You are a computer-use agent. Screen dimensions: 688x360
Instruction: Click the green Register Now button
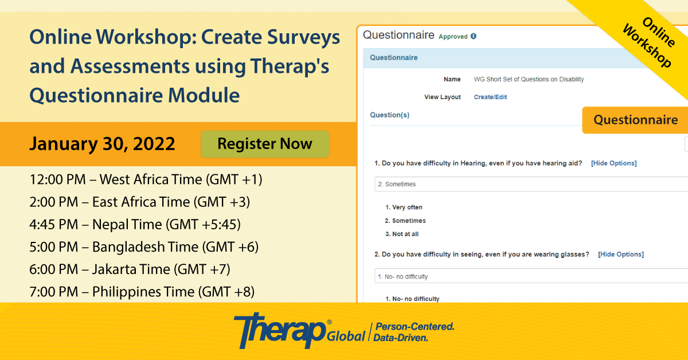click(265, 144)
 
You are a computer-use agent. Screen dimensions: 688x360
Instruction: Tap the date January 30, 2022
click(102, 144)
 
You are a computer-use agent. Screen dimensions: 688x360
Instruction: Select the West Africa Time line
click(146, 179)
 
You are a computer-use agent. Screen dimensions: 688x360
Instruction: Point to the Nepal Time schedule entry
click(135, 224)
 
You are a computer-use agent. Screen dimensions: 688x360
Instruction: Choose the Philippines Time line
click(142, 292)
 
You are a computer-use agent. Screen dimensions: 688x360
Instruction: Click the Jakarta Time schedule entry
click(130, 269)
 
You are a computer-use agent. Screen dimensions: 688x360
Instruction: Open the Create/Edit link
click(490, 97)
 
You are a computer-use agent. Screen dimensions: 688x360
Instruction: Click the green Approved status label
click(453, 37)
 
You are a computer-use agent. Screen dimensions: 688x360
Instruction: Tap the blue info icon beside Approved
click(474, 36)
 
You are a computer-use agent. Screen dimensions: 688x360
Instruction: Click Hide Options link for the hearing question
click(613, 163)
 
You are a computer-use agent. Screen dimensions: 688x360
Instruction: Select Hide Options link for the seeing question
click(621, 255)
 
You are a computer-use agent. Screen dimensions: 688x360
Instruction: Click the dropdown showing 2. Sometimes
click(531, 184)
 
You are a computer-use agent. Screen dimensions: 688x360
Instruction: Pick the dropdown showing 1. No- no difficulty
click(531, 276)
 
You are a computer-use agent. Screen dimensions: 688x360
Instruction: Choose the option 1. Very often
click(404, 208)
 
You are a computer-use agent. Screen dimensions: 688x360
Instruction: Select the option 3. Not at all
click(402, 234)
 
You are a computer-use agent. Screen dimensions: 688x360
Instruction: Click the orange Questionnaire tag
click(635, 120)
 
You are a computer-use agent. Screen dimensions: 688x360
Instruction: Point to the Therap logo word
click(280, 330)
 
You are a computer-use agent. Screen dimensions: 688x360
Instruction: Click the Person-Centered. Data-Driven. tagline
click(414, 332)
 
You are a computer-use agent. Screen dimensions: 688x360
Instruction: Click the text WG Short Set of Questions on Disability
click(529, 79)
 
